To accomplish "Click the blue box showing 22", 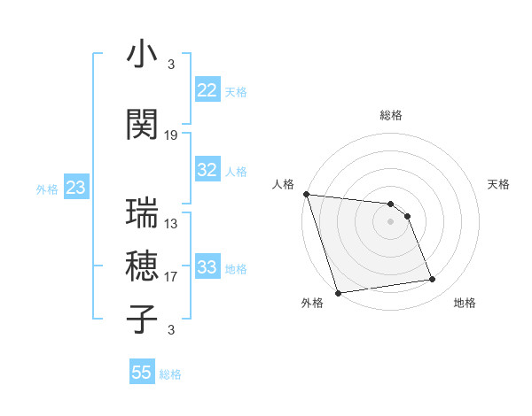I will (x=207, y=90).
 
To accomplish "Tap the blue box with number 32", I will (x=207, y=171).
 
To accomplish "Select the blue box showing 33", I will (x=207, y=267).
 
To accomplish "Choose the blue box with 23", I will (x=75, y=188).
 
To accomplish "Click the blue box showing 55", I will (x=142, y=373).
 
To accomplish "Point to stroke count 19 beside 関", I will (x=171, y=135).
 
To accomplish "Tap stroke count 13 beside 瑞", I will (x=171, y=224).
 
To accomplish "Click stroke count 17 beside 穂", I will (x=171, y=277).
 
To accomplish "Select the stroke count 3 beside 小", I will (x=170, y=64).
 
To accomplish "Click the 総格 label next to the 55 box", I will (x=170, y=374).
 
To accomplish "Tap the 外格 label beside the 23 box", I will (x=46, y=189).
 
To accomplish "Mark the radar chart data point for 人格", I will (x=306, y=194).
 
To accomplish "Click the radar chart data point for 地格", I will (x=433, y=280).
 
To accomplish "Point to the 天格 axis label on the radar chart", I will (x=499, y=184).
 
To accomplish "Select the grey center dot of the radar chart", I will (x=390, y=221).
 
